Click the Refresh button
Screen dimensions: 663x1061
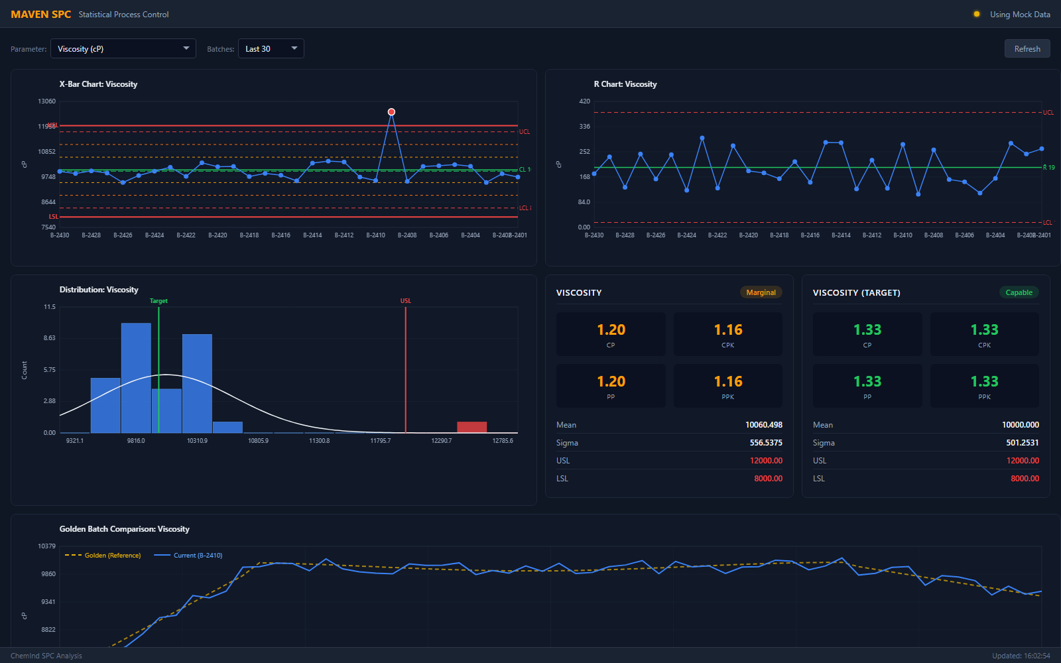tap(1027, 48)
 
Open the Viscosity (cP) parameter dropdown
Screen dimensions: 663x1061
tap(123, 48)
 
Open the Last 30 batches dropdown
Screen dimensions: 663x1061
tap(271, 48)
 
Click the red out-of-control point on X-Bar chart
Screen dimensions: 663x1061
tap(391, 112)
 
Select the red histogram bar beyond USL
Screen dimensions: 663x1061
tap(471, 427)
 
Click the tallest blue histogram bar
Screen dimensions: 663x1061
tap(136, 378)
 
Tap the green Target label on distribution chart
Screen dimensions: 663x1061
tap(158, 301)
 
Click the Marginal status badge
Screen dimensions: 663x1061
tap(761, 292)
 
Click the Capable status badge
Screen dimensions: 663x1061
tap(1019, 292)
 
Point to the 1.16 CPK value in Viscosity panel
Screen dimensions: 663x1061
tap(728, 330)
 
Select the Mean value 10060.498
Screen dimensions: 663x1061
tap(763, 425)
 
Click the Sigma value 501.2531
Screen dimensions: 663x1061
tap(1022, 443)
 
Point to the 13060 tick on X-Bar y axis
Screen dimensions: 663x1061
tap(47, 101)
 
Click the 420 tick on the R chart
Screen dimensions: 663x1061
tap(584, 101)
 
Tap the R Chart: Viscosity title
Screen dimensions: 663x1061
tap(625, 84)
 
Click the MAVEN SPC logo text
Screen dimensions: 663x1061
tap(41, 15)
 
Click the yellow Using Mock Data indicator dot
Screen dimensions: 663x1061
tap(976, 14)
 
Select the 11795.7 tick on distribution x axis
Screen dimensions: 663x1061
tap(381, 441)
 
